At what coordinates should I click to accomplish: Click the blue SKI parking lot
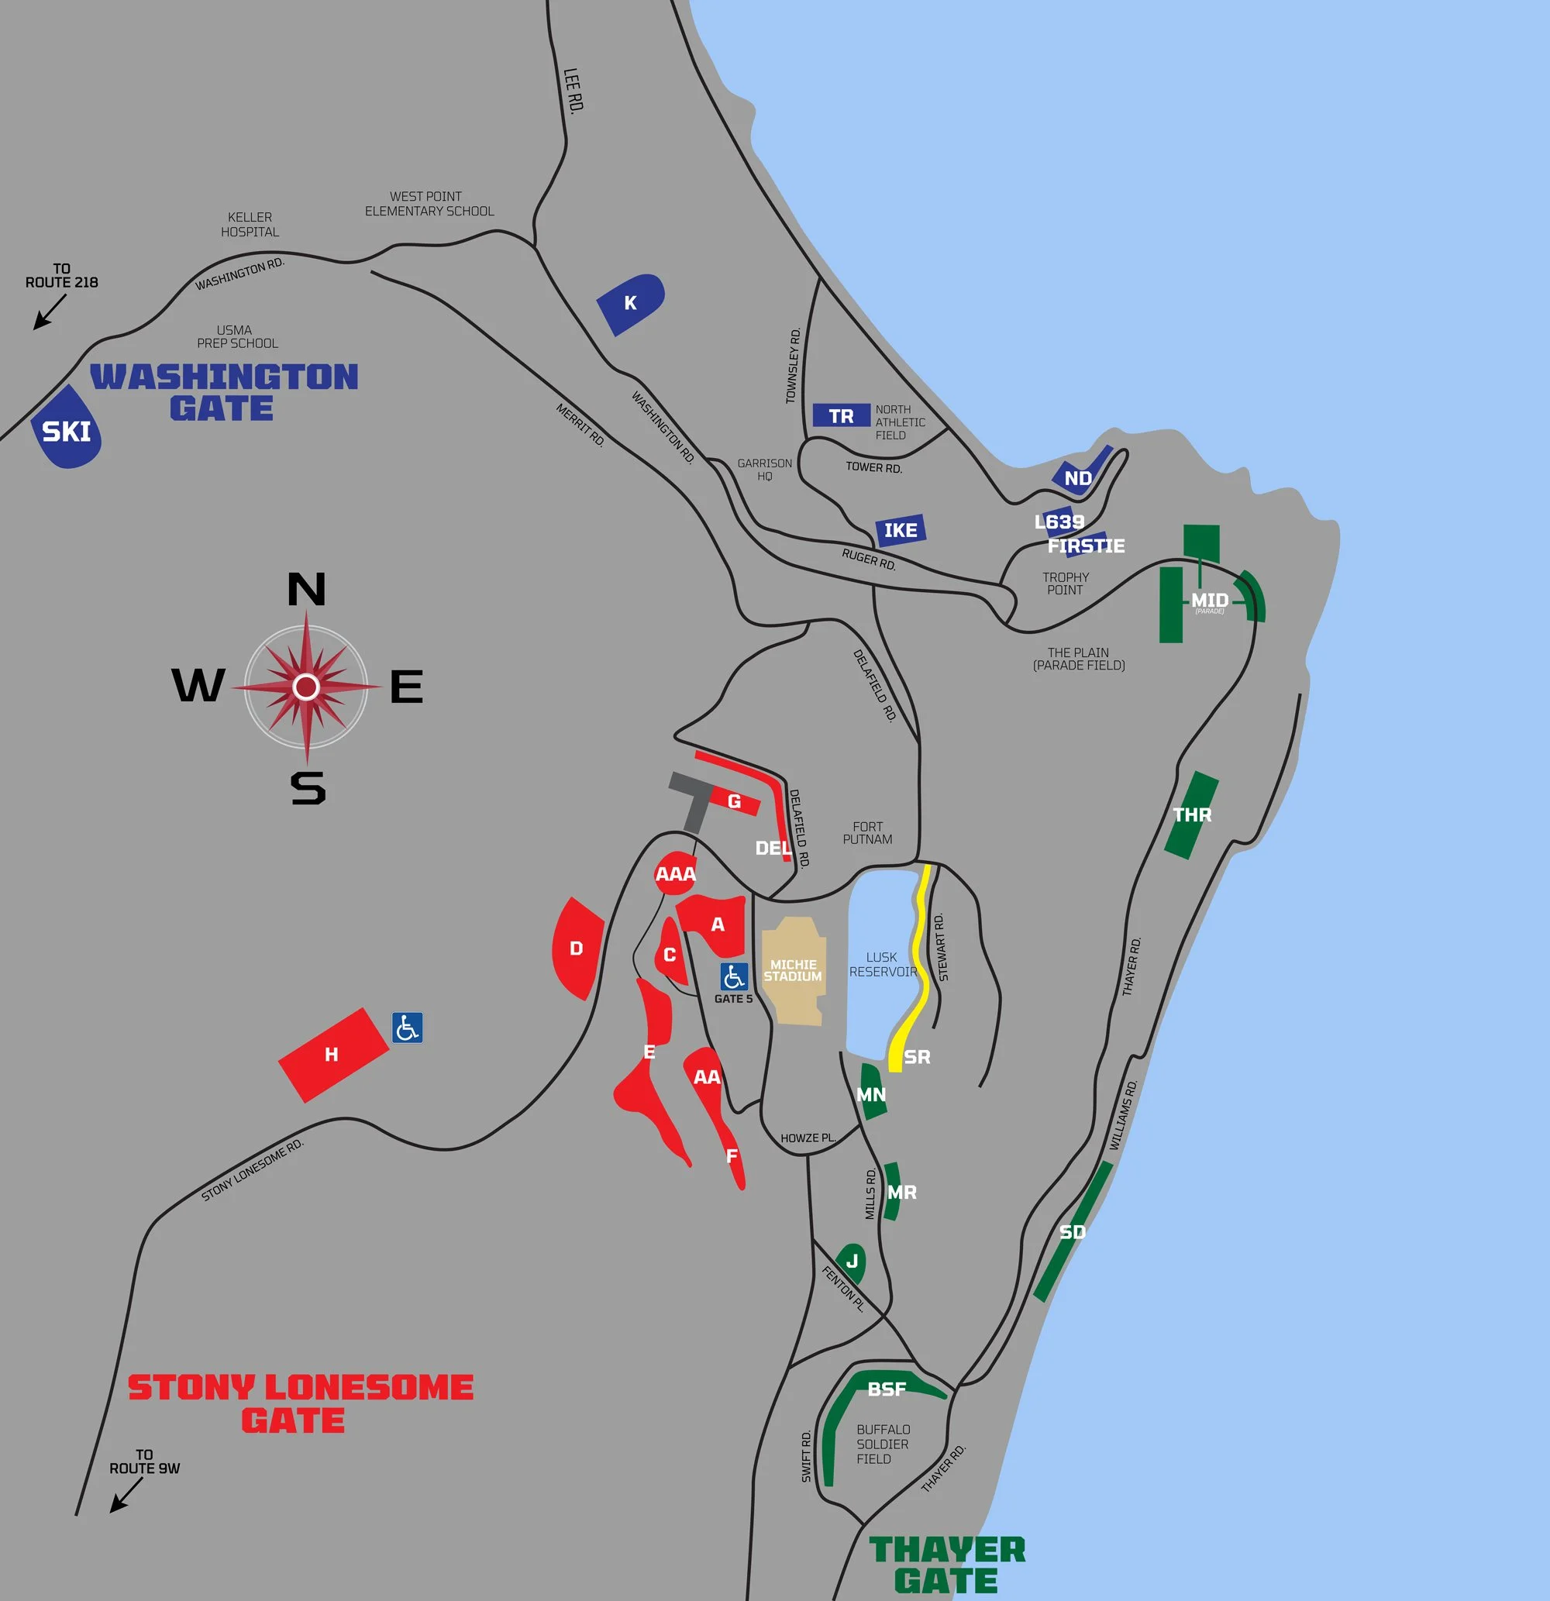pyautogui.click(x=66, y=429)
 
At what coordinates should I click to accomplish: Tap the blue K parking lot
pyautogui.click(x=631, y=303)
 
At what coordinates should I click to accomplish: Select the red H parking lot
pyautogui.click(x=332, y=1055)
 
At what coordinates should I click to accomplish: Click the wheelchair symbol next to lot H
pyautogui.click(x=407, y=1028)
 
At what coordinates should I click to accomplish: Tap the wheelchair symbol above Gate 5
pyautogui.click(x=734, y=976)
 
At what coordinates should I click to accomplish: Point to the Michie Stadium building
pyautogui.click(x=793, y=970)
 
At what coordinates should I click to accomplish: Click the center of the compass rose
pyautogui.click(x=306, y=687)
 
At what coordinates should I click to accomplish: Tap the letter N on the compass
pyautogui.click(x=306, y=589)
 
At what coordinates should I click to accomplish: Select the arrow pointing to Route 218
pyautogui.click(x=48, y=313)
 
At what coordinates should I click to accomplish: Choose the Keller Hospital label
pyautogui.click(x=250, y=225)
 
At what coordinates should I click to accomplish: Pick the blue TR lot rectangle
pyautogui.click(x=841, y=415)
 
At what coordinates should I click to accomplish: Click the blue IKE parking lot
pyautogui.click(x=900, y=530)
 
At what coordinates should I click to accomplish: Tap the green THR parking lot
pyautogui.click(x=1191, y=814)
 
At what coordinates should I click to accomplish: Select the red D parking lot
pyautogui.click(x=577, y=949)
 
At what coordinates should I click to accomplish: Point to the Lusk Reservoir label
pyautogui.click(x=883, y=964)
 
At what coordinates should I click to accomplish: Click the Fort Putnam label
pyautogui.click(x=868, y=832)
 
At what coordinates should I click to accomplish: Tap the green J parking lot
pyautogui.click(x=852, y=1262)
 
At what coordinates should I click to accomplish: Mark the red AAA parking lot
pyautogui.click(x=675, y=874)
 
